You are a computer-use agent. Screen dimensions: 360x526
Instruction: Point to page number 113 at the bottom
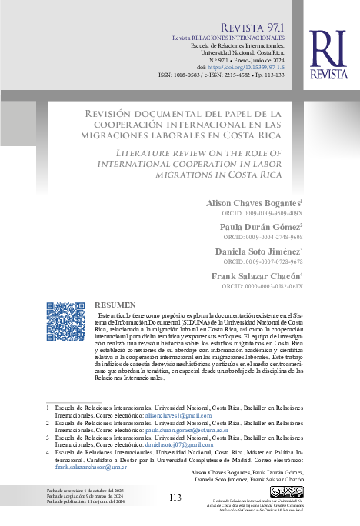tap(175, 497)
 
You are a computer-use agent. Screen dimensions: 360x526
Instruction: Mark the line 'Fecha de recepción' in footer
tap(85, 491)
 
